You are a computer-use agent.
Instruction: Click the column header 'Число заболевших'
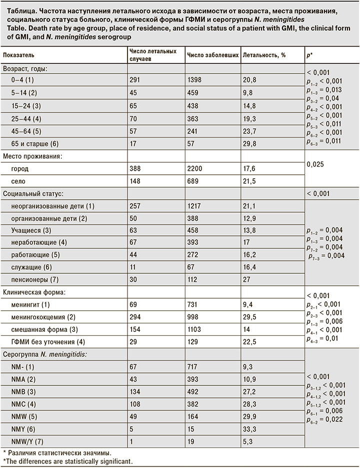(212, 55)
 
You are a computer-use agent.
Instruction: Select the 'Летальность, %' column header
(264, 55)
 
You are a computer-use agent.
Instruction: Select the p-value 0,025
(315, 164)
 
